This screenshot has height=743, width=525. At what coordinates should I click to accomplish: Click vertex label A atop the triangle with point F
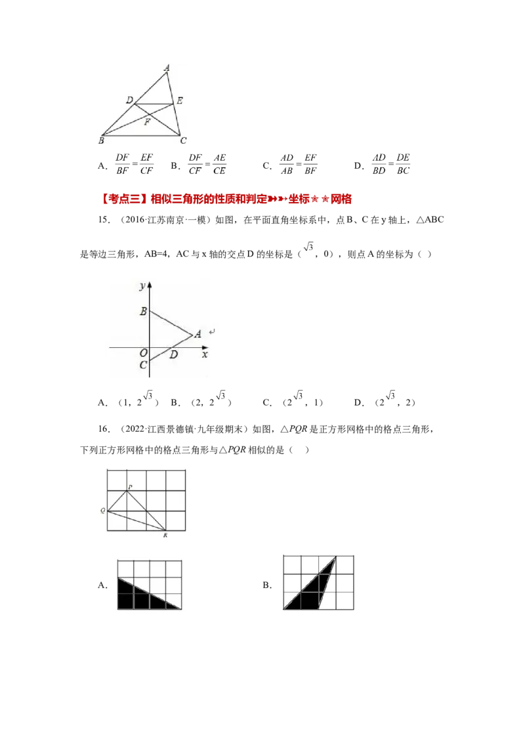coord(167,68)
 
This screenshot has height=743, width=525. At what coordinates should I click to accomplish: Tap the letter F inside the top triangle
coord(147,122)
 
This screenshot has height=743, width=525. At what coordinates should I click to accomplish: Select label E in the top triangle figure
coord(179,100)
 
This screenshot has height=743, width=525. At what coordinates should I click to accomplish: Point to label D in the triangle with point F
coord(130,100)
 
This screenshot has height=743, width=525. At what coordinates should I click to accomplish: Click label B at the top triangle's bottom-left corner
coord(101,140)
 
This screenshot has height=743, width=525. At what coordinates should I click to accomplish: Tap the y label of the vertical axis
coord(142,286)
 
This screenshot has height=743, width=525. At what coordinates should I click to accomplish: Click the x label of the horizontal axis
coord(205,354)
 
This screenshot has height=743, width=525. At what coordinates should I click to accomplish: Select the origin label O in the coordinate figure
coord(143,353)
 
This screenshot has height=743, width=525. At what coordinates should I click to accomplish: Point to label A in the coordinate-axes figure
coord(197,333)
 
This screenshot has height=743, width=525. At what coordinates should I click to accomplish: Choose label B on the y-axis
coord(143,311)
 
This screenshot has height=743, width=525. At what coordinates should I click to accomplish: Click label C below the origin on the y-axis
coord(143,365)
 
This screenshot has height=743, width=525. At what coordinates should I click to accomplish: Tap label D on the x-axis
coord(173,355)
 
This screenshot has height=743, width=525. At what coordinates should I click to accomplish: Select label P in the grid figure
coord(129,486)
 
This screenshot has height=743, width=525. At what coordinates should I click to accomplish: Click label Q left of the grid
coord(103,510)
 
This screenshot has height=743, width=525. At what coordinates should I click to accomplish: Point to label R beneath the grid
coord(165,536)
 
